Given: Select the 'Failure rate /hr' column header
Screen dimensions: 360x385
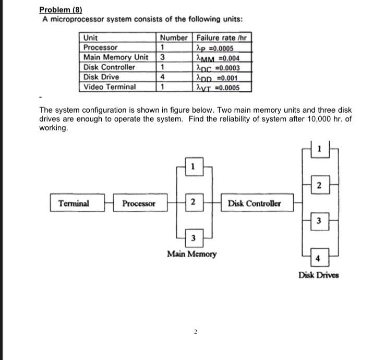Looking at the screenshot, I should [223, 38].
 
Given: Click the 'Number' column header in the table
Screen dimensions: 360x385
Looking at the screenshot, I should [174, 38].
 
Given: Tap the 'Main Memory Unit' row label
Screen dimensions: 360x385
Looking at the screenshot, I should [116, 57].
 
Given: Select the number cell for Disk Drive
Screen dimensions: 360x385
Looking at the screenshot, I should [163, 77].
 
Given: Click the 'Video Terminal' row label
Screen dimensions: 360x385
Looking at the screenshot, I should [109, 87].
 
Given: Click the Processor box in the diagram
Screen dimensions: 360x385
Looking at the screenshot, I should [139, 203].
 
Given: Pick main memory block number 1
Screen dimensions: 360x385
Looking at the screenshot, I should [193, 168].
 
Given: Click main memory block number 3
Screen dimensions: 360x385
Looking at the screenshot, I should [193, 238].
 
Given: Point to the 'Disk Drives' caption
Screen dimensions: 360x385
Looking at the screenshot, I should [318, 275].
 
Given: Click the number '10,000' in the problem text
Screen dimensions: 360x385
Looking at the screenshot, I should [293, 119].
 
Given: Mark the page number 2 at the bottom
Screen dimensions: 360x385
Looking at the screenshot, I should [195, 331].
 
